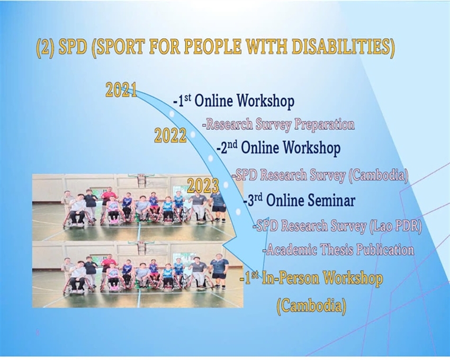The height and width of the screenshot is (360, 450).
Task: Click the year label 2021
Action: [121, 90]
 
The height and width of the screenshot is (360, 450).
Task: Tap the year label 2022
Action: [170, 136]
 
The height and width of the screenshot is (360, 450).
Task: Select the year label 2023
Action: [203, 186]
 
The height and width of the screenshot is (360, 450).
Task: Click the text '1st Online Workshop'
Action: [233, 101]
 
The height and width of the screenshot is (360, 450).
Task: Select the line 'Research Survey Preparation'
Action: [278, 124]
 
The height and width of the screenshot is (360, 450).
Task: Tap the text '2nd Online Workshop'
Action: [278, 148]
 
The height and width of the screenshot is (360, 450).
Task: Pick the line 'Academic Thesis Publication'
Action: [338, 250]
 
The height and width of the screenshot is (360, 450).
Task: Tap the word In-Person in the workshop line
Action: [290, 278]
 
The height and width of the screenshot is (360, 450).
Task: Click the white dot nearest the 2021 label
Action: [172, 114]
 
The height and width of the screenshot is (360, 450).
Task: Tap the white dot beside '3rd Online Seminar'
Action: [238, 212]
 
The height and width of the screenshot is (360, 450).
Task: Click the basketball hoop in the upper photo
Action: [141, 181]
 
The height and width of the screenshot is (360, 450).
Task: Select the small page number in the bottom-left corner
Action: [37, 333]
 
